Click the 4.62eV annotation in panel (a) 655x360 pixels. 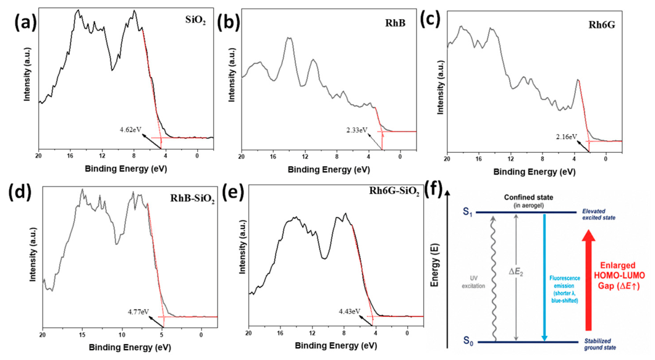(130, 130)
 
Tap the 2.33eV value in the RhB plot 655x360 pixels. (357, 130)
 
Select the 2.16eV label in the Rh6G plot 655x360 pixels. (567, 136)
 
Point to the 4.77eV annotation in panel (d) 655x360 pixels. (138, 312)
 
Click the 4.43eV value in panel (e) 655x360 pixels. (350, 311)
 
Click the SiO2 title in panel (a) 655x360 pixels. (195, 21)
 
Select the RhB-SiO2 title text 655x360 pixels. (193, 199)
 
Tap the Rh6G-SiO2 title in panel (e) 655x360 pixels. (394, 191)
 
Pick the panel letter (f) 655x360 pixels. (434, 190)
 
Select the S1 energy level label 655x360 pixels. (468, 212)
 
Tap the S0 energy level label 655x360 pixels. (468, 341)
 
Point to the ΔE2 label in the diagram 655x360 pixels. (516, 272)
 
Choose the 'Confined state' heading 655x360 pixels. (528, 197)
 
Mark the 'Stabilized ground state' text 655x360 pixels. (600, 344)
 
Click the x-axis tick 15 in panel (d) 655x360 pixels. (82, 335)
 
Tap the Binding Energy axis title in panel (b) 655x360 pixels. (329, 169)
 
